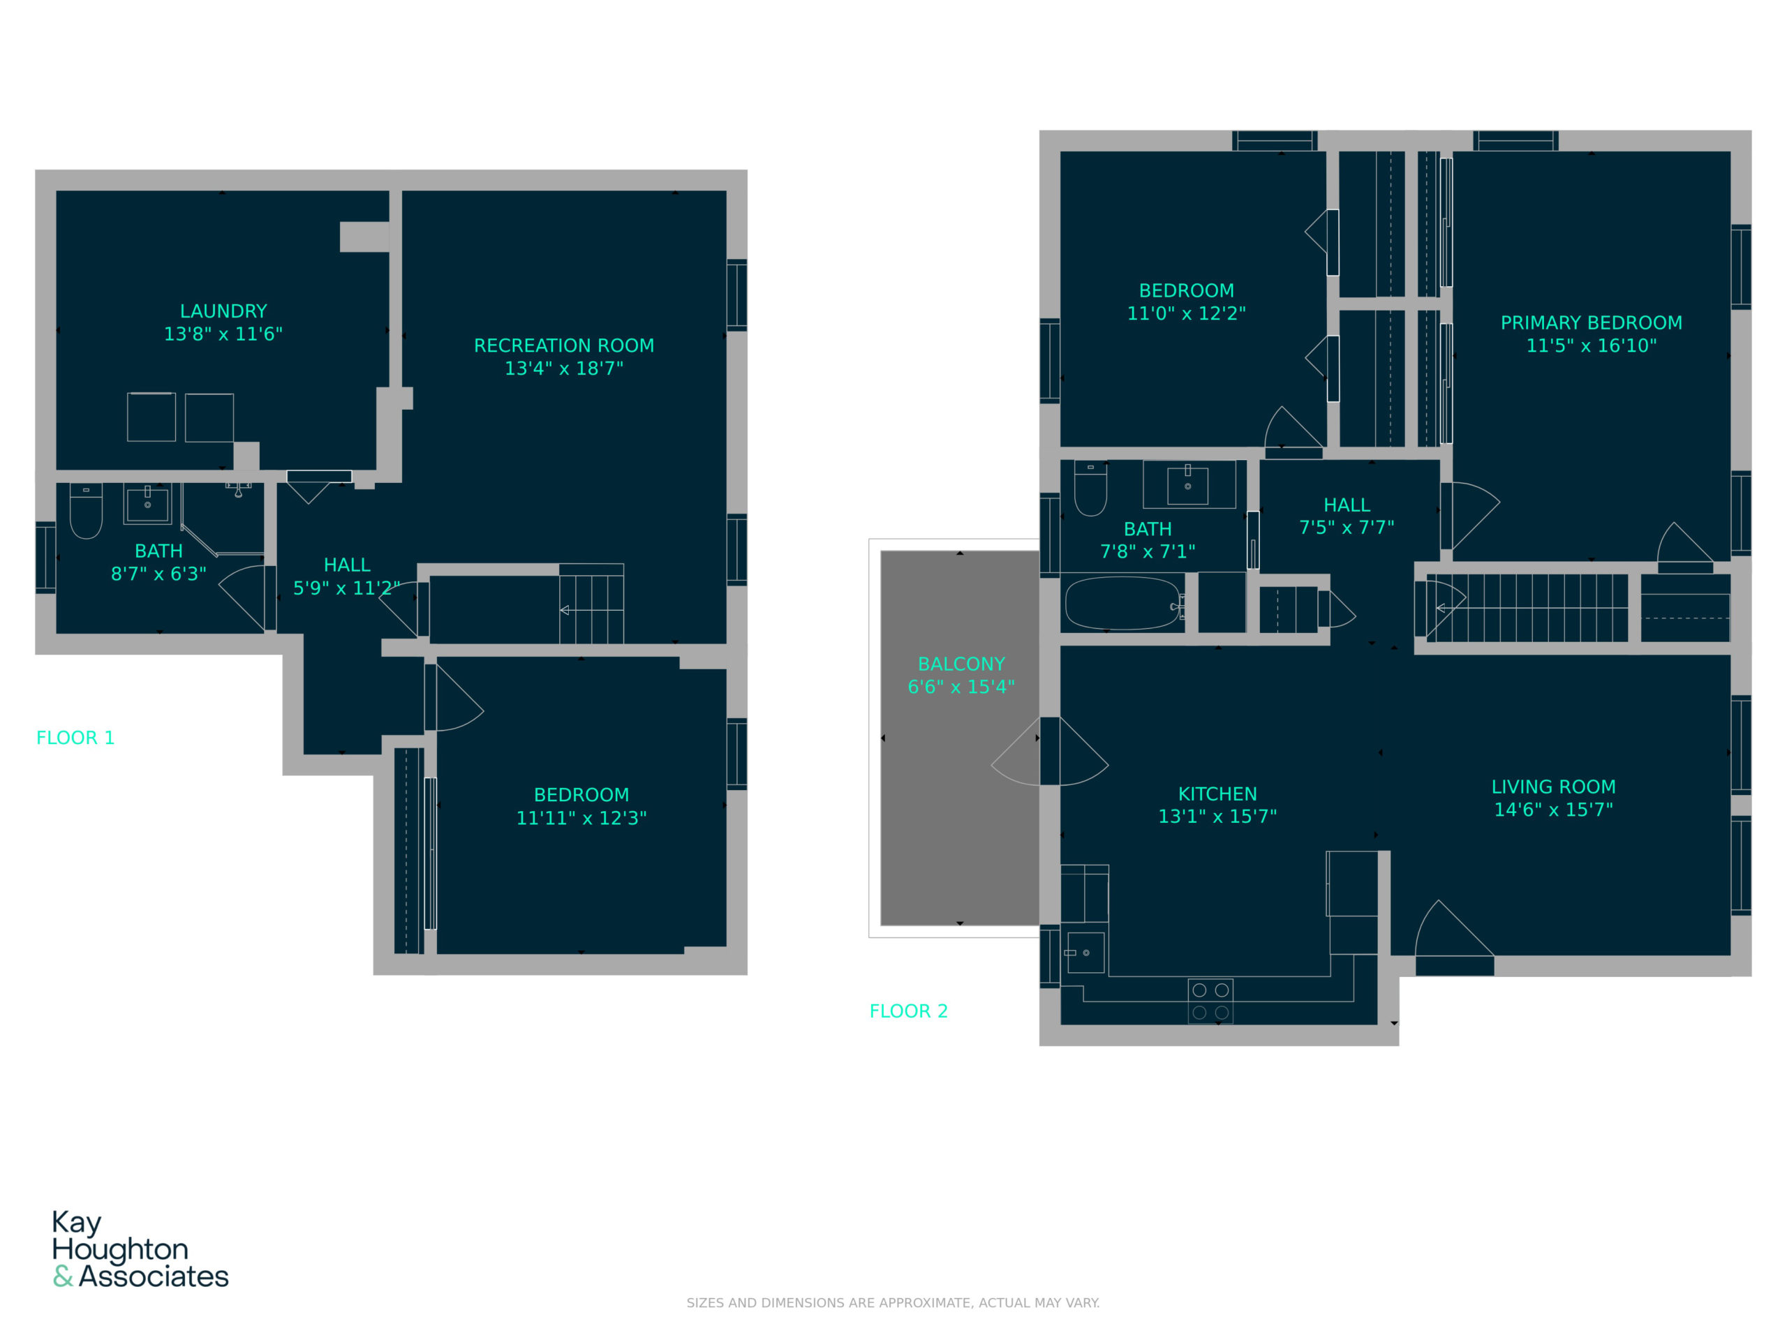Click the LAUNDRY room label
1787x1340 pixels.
[223, 311]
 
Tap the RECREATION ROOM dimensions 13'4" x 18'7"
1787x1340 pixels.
[564, 368]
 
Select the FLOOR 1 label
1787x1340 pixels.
[75, 738]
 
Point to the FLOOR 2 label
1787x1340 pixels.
[908, 1011]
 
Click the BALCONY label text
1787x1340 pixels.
[961, 664]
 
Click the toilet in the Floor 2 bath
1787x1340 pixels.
[1090, 489]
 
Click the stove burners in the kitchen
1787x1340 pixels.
[1210, 1001]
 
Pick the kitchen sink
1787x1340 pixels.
[1083, 952]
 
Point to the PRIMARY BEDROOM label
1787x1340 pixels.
[1591, 323]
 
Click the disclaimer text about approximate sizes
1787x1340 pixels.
[893, 1303]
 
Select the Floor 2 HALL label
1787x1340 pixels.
[1347, 505]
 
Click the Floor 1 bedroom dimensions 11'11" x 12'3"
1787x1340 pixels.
[581, 818]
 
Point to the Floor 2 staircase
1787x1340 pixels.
[1526, 607]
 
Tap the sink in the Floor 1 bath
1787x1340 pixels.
[147, 504]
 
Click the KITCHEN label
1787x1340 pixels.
[1217, 794]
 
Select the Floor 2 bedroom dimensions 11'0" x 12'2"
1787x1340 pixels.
[1186, 313]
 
